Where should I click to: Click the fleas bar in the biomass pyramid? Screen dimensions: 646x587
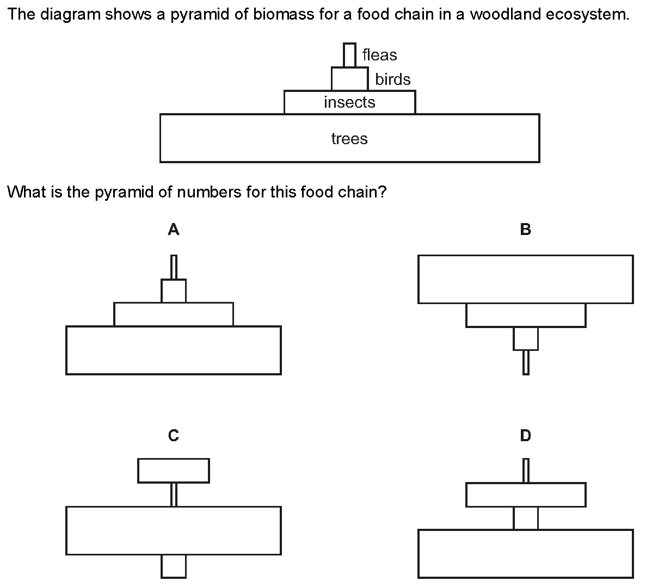[349, 55]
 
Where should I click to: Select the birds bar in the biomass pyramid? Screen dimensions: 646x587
[350, 79]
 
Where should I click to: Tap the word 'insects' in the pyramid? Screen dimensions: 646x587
[349, 102]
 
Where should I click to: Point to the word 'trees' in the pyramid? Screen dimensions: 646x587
[349, 139]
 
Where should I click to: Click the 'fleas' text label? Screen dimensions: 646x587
[379, 55]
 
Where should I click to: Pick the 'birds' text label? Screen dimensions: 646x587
[392, 79]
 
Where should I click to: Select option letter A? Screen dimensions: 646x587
[174, 230]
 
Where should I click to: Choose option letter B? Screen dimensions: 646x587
[526, 230]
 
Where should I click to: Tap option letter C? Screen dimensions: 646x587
[174, 435]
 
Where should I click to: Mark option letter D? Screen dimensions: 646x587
[526, 435]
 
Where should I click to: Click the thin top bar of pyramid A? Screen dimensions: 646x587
[174, 267]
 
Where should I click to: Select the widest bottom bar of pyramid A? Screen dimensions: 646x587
[174, 350]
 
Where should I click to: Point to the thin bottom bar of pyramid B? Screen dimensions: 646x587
[526, 362]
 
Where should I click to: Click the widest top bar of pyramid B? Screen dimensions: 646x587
[526, 279]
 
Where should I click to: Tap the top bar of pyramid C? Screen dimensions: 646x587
[174, 471]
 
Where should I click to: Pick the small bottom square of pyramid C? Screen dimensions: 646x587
[174, 566]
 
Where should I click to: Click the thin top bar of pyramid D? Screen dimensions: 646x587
[526, 471]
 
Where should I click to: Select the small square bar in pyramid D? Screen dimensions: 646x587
[526, 518]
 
